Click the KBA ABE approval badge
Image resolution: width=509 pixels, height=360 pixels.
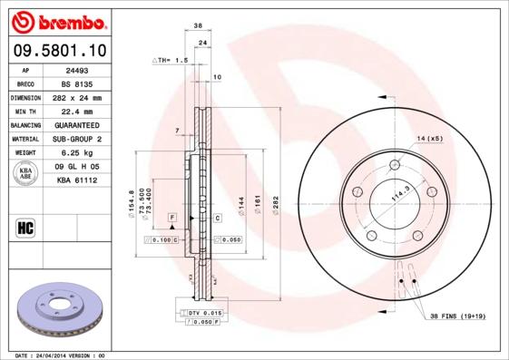click(25, 174)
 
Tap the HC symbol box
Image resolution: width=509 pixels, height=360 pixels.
click(25, 228)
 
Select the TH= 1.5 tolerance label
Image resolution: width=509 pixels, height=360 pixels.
click(169, 60)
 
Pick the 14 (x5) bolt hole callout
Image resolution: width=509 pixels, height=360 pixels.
click(429, 138)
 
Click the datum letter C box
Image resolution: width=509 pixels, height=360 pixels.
click(218, 219)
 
